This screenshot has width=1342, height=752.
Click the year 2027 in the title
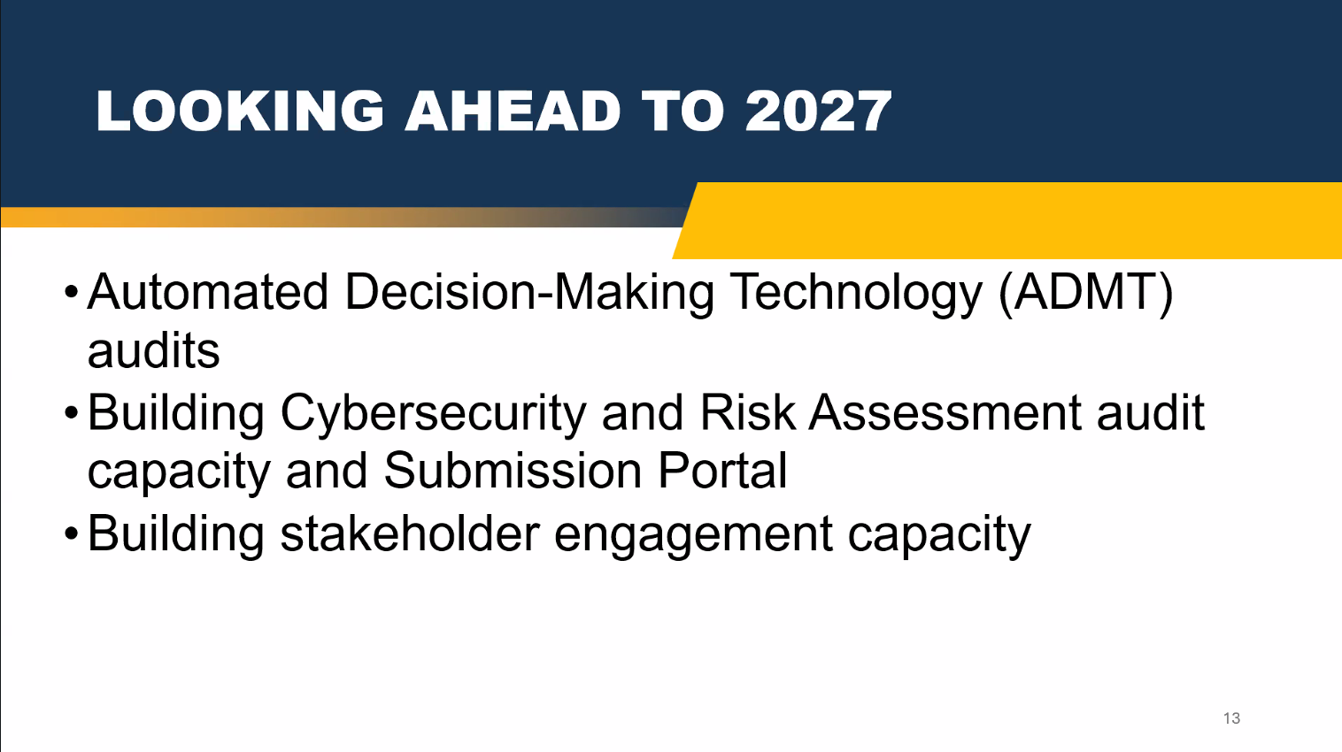818,111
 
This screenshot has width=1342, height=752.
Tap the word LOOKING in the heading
240,111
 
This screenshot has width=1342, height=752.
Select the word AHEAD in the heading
513,111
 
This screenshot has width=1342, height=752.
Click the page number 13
1231,717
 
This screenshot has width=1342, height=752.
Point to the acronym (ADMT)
1085,293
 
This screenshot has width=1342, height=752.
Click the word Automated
208,292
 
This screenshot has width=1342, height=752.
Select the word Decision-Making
529,293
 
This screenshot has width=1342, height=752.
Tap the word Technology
856,293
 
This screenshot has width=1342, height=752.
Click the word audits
154,351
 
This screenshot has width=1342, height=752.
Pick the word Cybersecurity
433,414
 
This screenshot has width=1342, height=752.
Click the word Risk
748,412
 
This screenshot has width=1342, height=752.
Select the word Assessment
945,412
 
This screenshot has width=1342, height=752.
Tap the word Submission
513,471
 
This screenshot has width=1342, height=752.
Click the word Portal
722,471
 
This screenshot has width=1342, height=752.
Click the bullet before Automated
72,293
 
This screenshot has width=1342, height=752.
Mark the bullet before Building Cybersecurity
72,414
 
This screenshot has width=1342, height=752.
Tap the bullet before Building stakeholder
72,534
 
